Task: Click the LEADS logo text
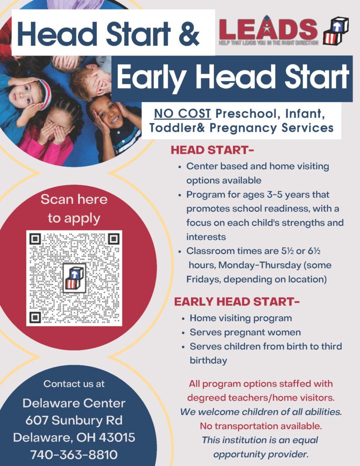(268, 29)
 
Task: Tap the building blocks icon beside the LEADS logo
(335, 30)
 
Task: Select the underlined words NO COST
(182, 113)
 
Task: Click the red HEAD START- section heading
(212, 150)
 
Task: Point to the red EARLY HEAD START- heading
(237, 302)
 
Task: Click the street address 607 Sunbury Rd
(74, 420)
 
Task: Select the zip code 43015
(117, 437)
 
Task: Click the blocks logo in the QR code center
(74, 278)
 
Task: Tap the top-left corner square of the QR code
(35, 238)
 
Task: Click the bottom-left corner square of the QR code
(35, 317)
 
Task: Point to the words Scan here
(74, 199)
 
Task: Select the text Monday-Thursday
(260, 265)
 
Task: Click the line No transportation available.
(261, 426)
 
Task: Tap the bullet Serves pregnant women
(245, 332)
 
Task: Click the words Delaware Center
(74, 403)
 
